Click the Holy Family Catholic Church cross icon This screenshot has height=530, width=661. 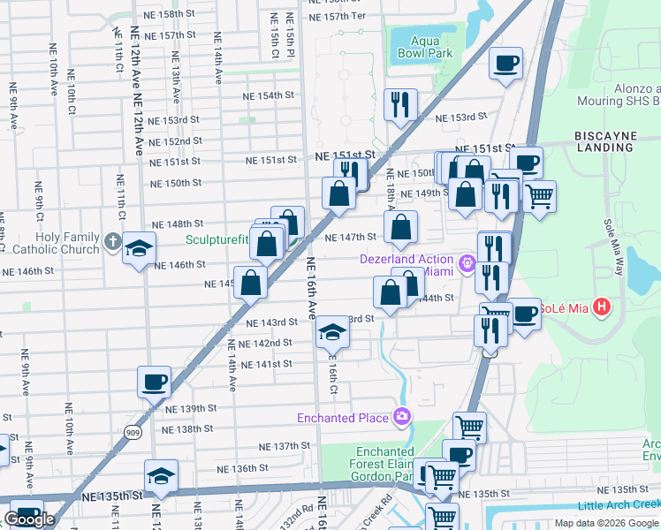pyautogui.click(x=111, y=240)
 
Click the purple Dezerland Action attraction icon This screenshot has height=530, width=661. pyautogui.click(x=467, y=262)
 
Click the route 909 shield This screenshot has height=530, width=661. pyautogui.click(x=132, y=431)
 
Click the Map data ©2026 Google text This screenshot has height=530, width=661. pyautogui.click(x=606, y=523)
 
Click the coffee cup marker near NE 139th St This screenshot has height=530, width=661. pyautogui.click(x=154, y=382)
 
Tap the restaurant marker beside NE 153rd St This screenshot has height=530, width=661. pyautogui.click(x=401, y=104)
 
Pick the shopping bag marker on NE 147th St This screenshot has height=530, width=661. pyautogui.click(x=401, y=226)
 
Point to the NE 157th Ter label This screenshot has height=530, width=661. pyautogui.click(x=334, y=17)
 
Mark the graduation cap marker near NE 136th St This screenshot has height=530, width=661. pyautogui.click(x=161, y=475)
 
